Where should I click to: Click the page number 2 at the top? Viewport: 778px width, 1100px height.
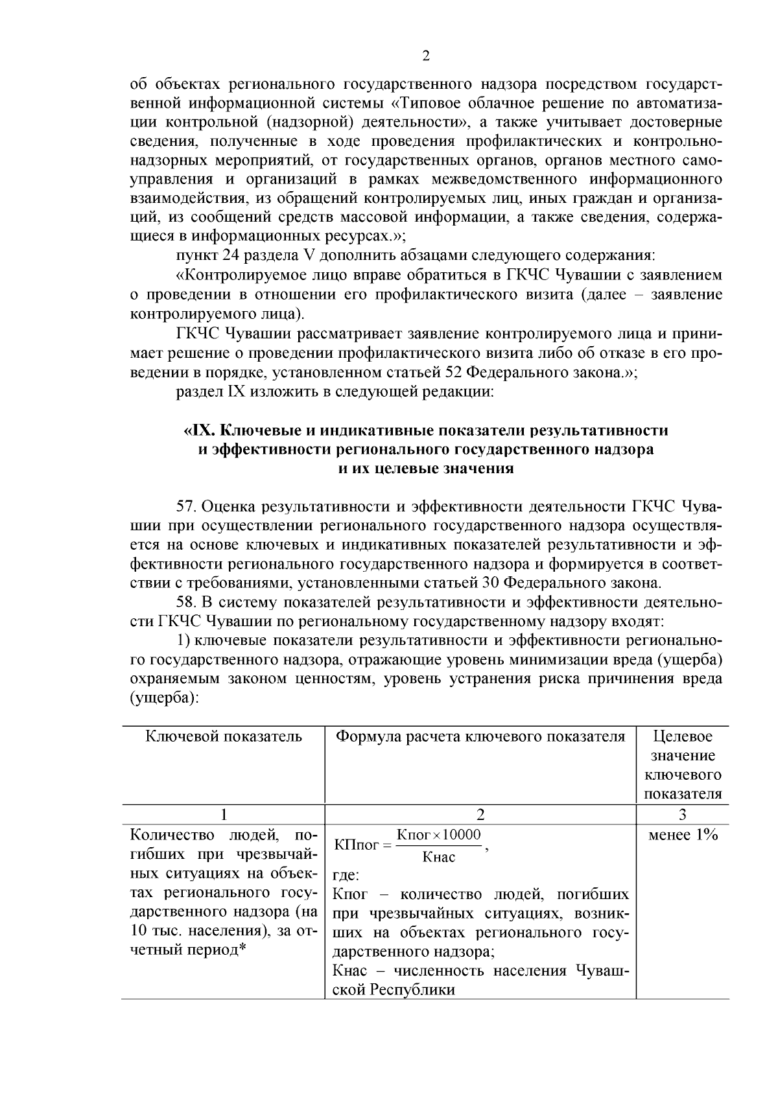click(x=426, y=56)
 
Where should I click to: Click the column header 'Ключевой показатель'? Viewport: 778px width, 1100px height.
click(x=224, y=736)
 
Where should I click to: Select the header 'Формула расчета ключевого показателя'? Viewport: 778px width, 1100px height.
click(x=480, y=736)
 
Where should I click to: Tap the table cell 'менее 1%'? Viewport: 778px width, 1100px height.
click(x=683, y=835)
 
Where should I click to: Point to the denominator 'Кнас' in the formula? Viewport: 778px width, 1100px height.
click(x=439, y=858)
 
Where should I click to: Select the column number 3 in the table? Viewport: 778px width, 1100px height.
click(x=683, y=815)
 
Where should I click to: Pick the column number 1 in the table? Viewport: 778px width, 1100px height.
click(x=224, y=815)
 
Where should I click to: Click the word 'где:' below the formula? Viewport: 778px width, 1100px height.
click(x=345, y=876)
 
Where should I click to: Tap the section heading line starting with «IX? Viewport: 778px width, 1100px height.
click(x=426, y=430)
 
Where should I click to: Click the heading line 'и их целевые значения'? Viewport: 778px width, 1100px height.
click(x=426, y=469)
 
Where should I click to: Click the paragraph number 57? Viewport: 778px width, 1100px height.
click(x=187, y=506)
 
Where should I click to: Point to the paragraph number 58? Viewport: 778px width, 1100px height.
click(x=187, y=602)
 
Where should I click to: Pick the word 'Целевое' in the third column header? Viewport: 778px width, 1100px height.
click(x=683, y=736)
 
